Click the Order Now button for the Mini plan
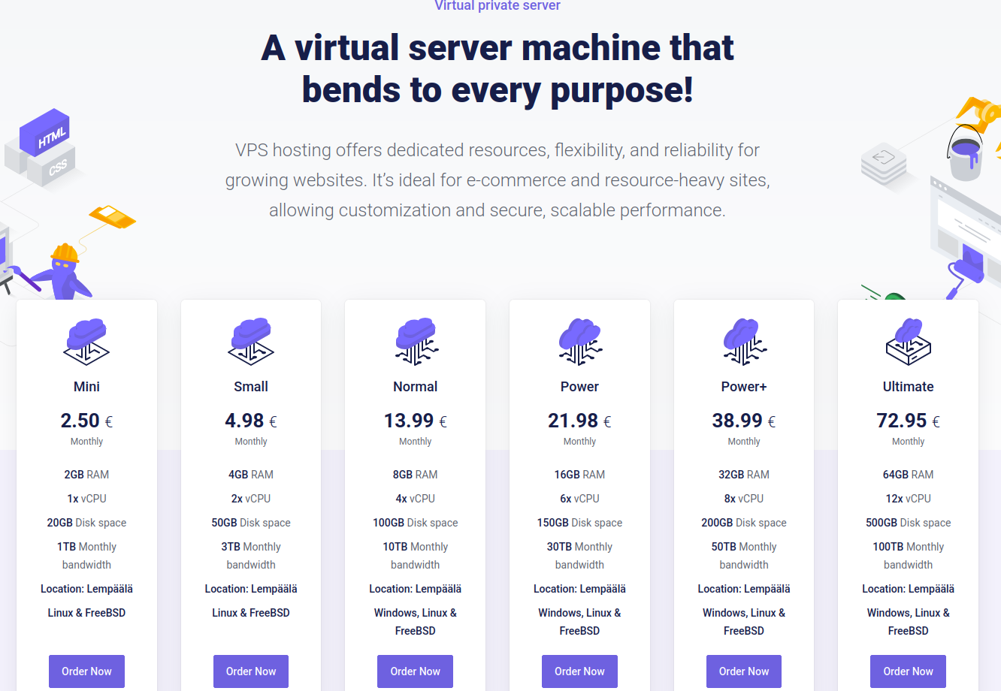86,671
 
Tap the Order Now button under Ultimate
908,671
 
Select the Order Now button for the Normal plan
415,671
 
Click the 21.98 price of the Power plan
573,421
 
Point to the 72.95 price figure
901,421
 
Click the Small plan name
251,386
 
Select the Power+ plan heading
744,386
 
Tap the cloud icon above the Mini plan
86,341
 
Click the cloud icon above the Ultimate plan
909,341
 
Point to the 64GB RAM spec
908,475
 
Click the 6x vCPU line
579,499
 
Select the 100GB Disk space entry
415,523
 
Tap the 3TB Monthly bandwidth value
251,556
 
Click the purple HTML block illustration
44,131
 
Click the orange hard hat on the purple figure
65,253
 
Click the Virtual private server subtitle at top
497,5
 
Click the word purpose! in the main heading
621,90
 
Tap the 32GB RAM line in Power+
744,475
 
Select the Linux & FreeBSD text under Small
251,613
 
